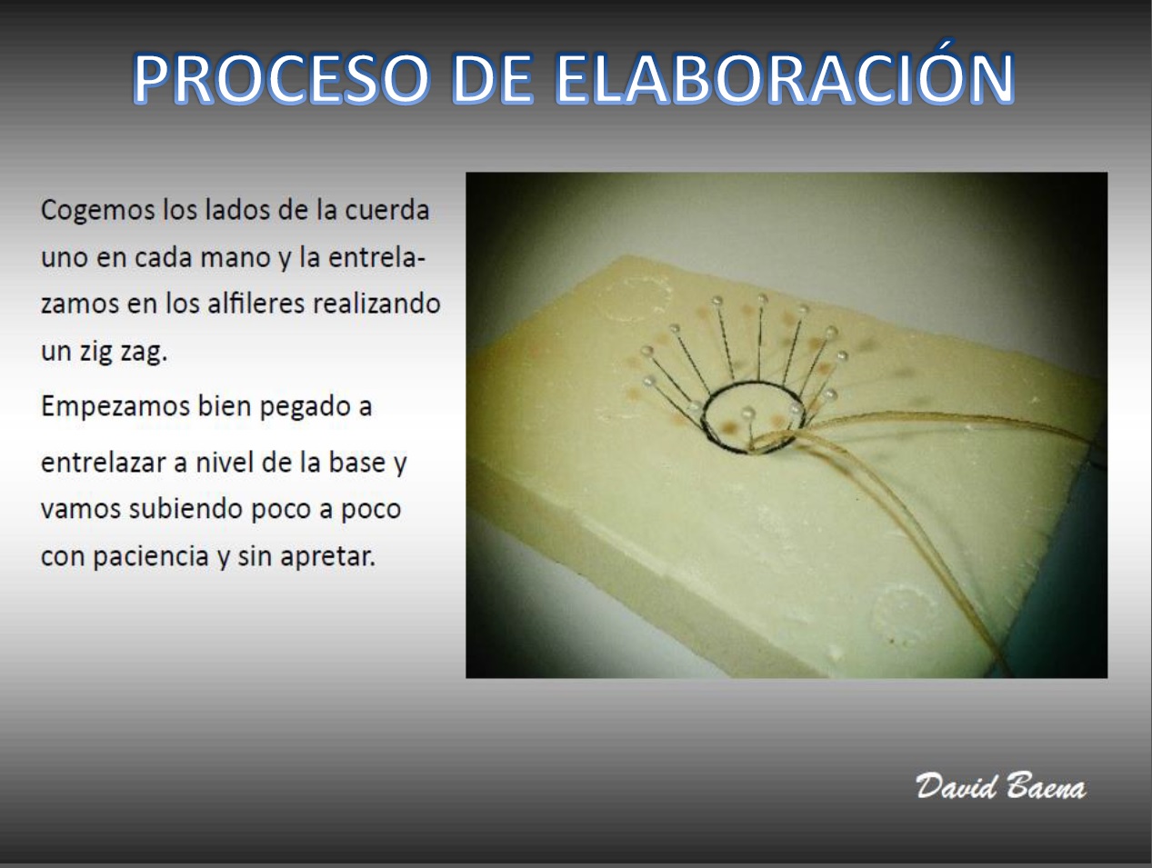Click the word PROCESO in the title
[281, 77]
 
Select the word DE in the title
[492, 77]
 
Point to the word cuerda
[386, 210]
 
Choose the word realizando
[376, 304]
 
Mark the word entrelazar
[104, 463]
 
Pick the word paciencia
[151, 556]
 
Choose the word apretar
[328, 557]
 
